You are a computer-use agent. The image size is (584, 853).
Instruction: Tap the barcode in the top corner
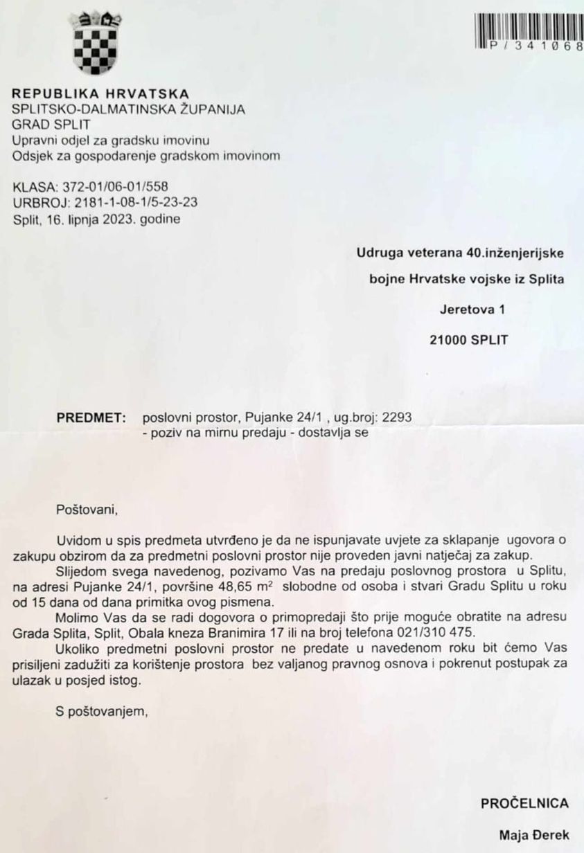click(529, 31)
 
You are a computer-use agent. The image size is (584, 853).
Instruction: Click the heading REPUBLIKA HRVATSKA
click(101, 93)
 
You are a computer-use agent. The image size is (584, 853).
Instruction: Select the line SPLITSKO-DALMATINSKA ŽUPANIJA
click(129, 109)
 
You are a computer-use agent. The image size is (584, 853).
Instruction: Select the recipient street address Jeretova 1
click(472, 309)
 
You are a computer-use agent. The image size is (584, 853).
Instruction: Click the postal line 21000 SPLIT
click(468, 341)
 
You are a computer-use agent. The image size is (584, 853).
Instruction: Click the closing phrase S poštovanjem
click(103, 710)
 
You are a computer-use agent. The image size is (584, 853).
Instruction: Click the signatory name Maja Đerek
click(534, 836)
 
